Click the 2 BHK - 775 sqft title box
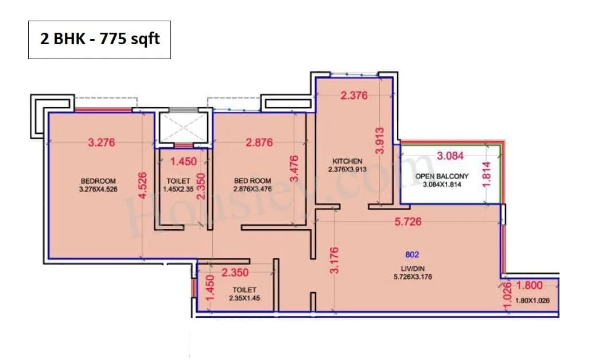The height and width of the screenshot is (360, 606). point(99,40)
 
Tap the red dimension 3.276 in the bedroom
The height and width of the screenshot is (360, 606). point(102,143)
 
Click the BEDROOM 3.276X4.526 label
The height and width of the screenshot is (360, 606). point(99,185)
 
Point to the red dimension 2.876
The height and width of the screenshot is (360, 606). point(259,143)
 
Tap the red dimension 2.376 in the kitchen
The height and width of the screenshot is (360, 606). point(353,96)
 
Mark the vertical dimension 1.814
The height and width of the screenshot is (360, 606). point(488,174)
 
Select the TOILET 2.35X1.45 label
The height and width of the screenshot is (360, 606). point(244,294)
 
